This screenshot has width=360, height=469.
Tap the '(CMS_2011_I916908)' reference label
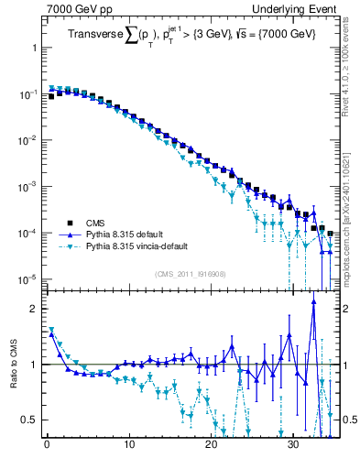(x=190, y=274)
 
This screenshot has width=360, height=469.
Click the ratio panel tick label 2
(x=35, y=309)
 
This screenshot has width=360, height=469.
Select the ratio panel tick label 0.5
(x=30, y=420)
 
